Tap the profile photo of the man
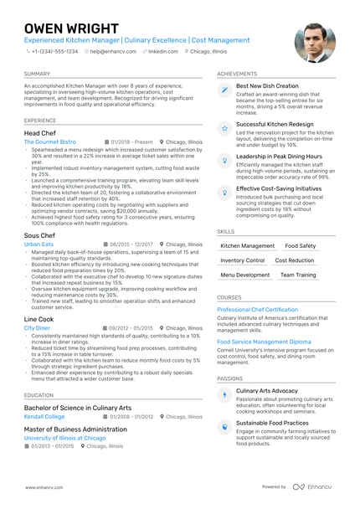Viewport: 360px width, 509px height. [314, 43]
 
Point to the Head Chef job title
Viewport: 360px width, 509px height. [40, 133]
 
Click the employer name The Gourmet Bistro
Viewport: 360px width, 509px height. [49, 142]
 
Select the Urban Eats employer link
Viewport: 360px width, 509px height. [39, 244]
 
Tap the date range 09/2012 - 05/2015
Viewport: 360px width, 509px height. [131, 328]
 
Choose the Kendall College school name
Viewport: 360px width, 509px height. [44, 416]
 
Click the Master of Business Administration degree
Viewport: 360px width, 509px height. [75, 429]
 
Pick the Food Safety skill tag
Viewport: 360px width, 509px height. [301, 246]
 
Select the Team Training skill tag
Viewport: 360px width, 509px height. [298, 275]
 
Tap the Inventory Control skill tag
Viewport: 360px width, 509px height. [242, 260]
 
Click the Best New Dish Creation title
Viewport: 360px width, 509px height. [267, 85]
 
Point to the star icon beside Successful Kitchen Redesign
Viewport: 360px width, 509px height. [224, 128]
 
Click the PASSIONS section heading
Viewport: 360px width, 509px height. [230, 378]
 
